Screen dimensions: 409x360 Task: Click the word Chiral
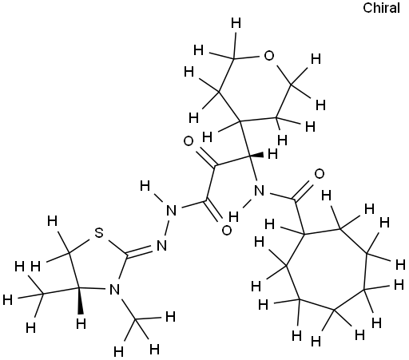tap(381, 8)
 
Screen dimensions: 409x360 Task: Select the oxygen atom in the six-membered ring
tap(268, 56)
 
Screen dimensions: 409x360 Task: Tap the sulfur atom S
tap(99, 233)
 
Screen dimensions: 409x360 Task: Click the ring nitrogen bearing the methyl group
tap(115, 289)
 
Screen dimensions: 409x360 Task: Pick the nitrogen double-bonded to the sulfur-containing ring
tap(161, 245)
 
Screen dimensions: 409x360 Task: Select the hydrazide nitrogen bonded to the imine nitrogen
tap(172, 211)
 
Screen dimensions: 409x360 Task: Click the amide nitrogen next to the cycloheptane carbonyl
tap(260, 191)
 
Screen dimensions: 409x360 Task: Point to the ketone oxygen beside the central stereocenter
tap(189, 141)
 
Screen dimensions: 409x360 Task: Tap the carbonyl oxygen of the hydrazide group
tap(227, 230)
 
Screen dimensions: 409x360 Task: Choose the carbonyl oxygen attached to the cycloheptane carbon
tap(320, 174)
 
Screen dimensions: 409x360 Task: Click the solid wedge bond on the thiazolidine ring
tap(80, 301)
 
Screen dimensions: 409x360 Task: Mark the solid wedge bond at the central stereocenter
tap(256, 156)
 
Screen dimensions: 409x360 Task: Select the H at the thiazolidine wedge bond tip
tap(81, 324)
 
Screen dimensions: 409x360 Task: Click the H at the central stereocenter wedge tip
tap(272, 154)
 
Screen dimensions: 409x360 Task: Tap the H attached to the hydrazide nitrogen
tap(145, 186)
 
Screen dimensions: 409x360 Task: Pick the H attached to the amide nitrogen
tap(233, 217)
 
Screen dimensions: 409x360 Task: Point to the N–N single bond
tap(167, 227)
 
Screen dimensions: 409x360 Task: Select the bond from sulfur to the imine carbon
tap(117, 247)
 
